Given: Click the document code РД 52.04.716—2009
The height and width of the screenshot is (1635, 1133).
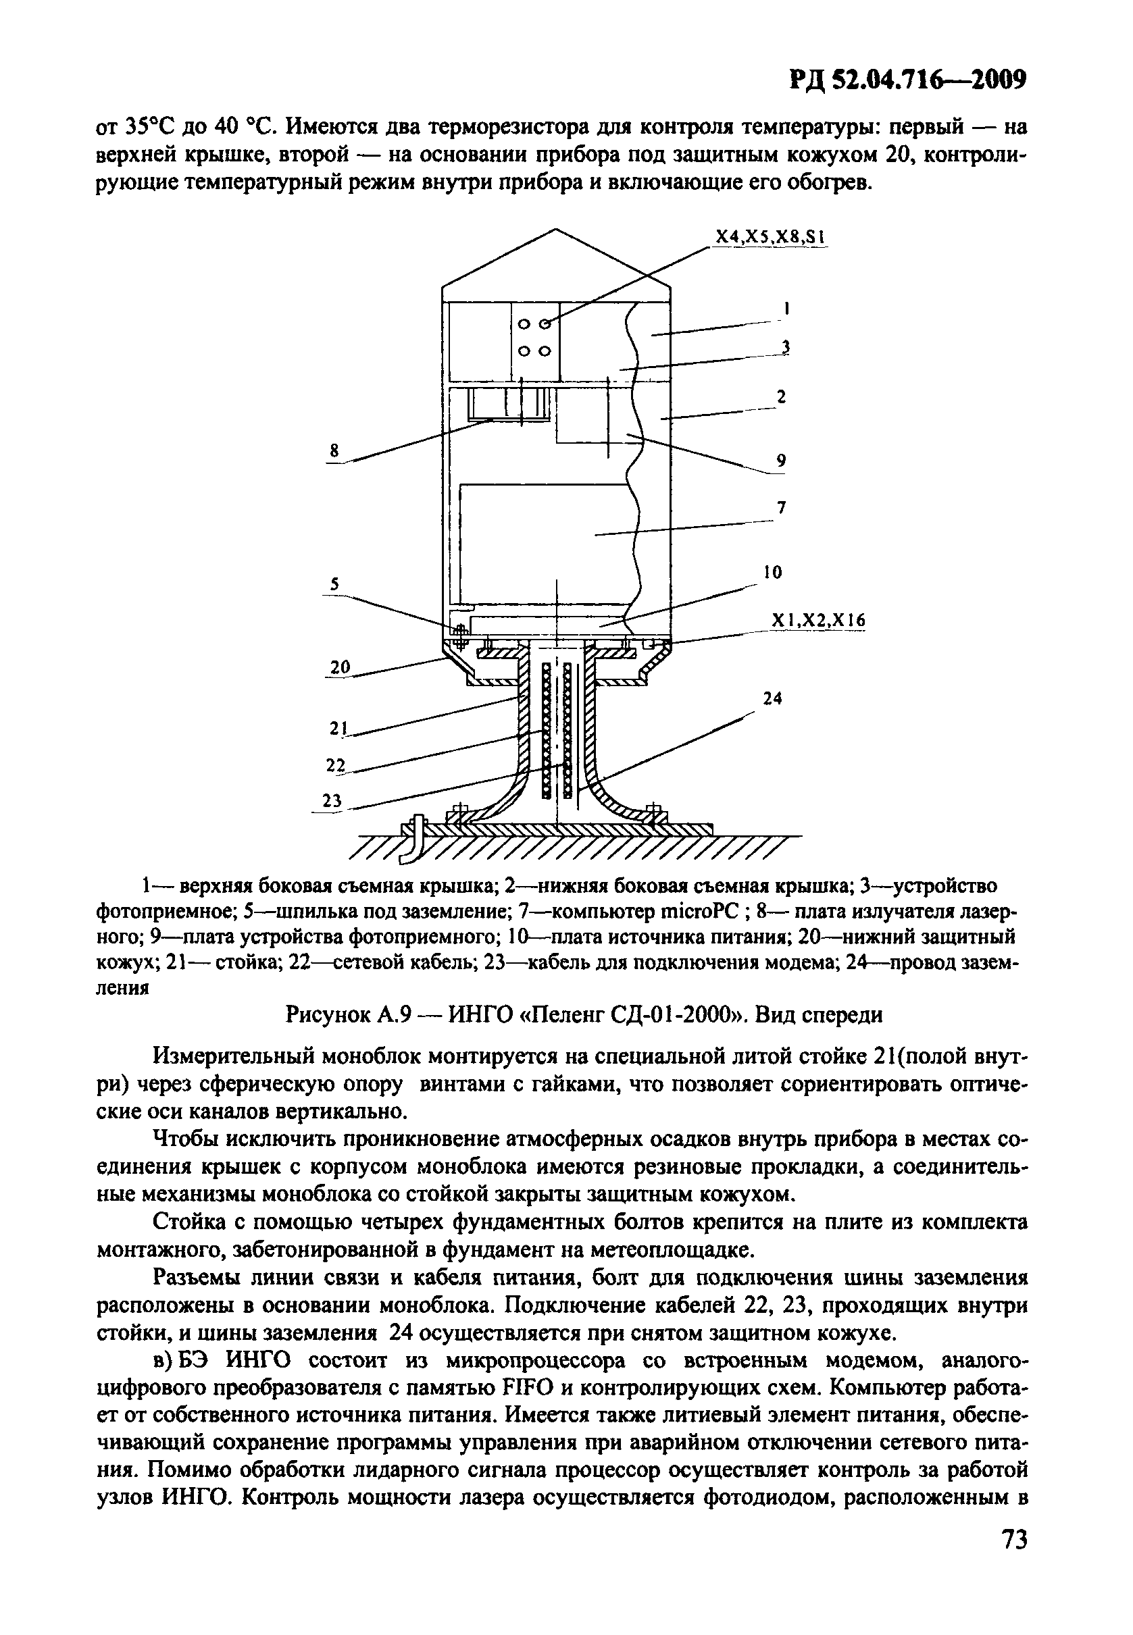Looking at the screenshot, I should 909,80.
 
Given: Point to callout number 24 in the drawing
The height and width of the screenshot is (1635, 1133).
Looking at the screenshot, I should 772,698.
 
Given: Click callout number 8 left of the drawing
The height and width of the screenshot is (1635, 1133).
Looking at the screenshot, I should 335,450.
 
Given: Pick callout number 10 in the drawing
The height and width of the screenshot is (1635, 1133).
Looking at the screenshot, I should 774,572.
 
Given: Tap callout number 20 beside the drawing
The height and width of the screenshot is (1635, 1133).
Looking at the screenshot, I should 341,667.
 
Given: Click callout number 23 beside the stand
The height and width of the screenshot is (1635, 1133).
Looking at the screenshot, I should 332,800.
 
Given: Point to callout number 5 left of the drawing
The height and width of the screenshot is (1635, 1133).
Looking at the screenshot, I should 334,583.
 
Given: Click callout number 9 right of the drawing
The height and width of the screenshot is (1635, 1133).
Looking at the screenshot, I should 781,461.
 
